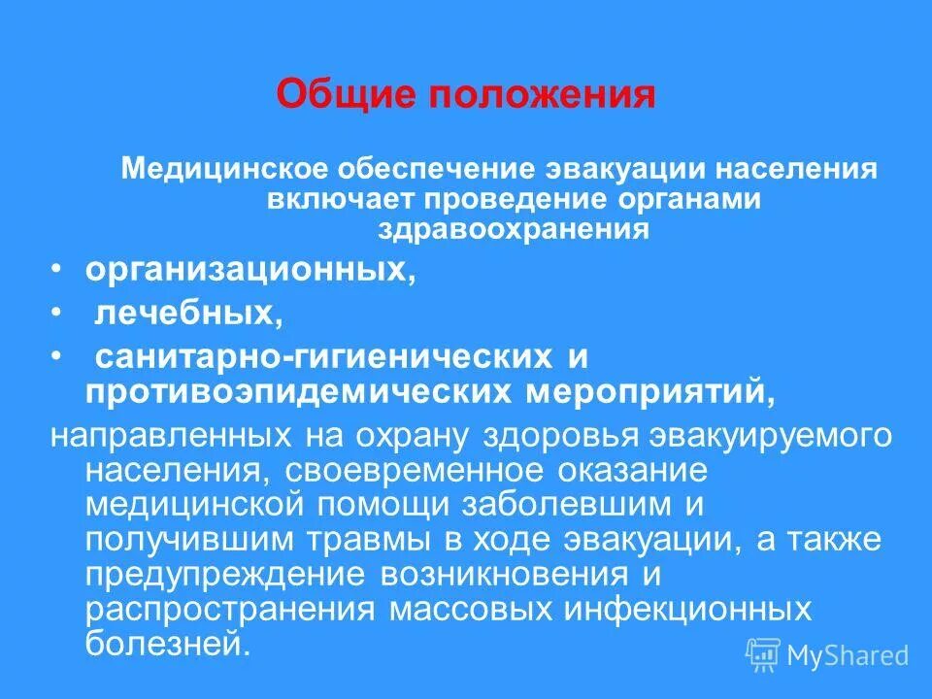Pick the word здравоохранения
pyautogui.click(x=513, y=230)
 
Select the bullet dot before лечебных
pyautogui.click(x=59, y=313)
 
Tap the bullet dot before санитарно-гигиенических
pyautogui.click(x=59, y=356)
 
